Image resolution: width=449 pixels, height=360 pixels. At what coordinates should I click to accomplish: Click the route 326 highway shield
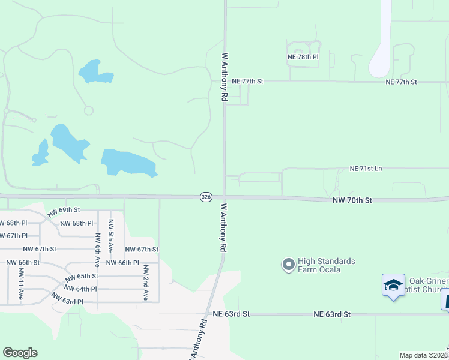206,197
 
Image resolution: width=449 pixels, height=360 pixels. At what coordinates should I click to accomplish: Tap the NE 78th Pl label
302,57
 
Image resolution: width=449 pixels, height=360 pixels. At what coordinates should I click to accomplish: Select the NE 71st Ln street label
366,169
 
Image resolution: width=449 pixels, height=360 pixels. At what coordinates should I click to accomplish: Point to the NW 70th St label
352,200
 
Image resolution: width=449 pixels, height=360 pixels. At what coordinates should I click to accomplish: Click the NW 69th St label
64,211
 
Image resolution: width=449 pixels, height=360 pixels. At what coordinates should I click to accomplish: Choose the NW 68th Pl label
77,223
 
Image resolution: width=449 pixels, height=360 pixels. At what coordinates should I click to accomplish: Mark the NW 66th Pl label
122,263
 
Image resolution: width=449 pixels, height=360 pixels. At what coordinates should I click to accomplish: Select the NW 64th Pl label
81,289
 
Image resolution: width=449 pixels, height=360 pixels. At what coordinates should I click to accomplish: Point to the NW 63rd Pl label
67,298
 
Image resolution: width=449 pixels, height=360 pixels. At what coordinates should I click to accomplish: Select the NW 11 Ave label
20,284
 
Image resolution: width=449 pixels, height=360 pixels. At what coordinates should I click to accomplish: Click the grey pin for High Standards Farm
289,264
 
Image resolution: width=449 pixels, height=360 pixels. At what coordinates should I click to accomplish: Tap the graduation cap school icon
393,284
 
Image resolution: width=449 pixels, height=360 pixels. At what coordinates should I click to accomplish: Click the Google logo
20,353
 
